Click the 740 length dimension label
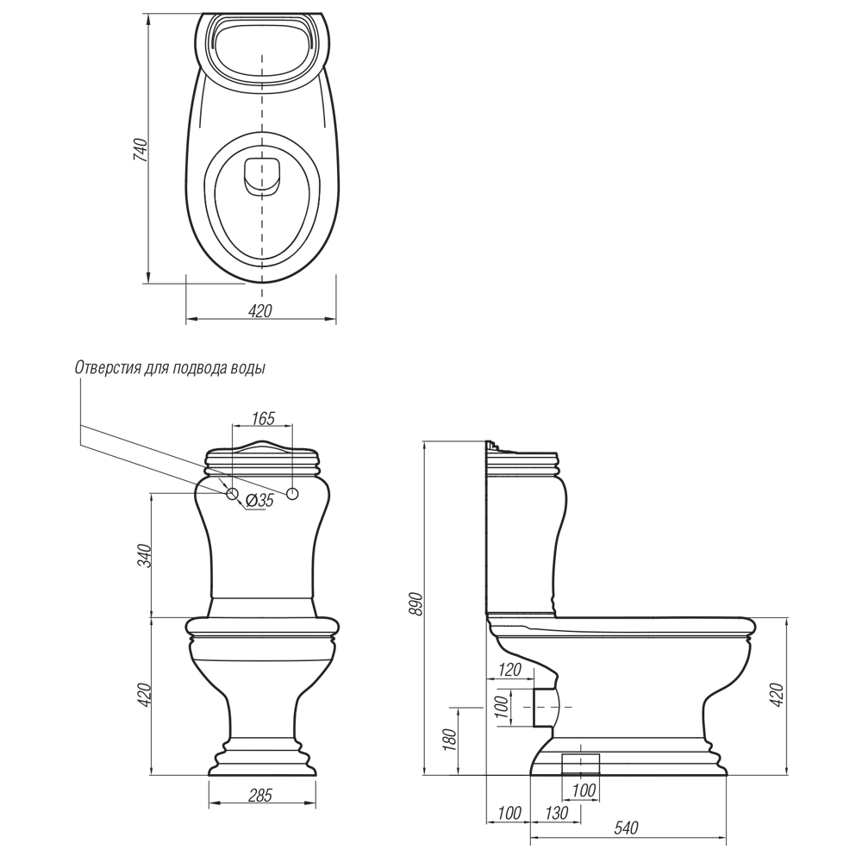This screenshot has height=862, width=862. [141, 149]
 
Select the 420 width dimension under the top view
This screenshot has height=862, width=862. [260, 311]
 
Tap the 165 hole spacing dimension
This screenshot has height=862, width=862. [263, 418]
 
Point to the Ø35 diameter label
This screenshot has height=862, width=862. [259, 500]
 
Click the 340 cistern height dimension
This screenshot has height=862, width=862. [143, 556]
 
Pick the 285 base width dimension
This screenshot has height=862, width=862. [260, 795]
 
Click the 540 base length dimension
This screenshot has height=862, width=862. [626, 828]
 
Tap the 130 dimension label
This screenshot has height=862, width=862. [556, 813]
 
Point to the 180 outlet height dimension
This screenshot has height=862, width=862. [449, 740]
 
